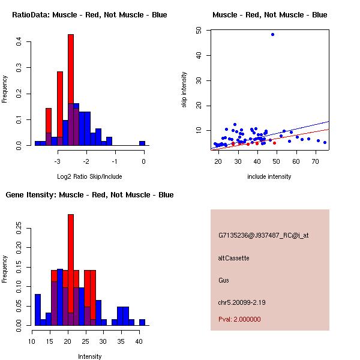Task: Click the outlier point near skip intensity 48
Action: [272, 34]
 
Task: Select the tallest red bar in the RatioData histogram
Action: [71, 90]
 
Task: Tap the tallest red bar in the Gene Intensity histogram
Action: [71, 270]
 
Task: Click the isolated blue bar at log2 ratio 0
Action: [142, 143]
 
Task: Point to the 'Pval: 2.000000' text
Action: [239, 319]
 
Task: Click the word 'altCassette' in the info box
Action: [233, 258]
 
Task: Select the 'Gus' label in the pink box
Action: [223, 280]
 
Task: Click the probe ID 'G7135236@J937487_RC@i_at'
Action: [263, 236]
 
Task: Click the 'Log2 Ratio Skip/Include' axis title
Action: [89, 176]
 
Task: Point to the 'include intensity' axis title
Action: [269, 176]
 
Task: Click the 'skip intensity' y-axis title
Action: [185, 90]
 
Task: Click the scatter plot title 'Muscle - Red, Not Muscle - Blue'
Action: [269, 14]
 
